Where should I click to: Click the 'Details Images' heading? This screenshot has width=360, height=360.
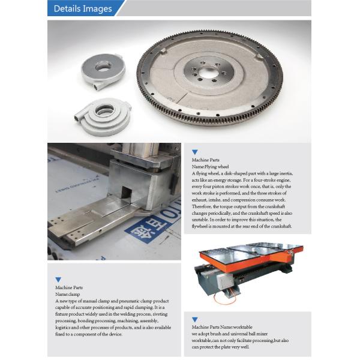(x=83, y=9)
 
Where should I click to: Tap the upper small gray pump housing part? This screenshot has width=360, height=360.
(x=103, y=71)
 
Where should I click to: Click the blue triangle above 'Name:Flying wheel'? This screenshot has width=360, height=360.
(x=194, y=152)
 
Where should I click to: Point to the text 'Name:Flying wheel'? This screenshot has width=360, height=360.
(x=211, y=167)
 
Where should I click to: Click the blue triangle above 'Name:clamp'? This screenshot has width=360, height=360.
(x=58, y=280)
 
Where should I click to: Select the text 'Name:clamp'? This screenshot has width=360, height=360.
(x=67, y=295)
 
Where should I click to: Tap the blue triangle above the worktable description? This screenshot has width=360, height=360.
(x=194, y=319)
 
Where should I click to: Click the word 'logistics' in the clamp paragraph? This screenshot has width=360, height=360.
(x=62, y=328)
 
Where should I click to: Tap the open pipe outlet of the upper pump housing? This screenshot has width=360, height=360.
(x=95, y=87)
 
